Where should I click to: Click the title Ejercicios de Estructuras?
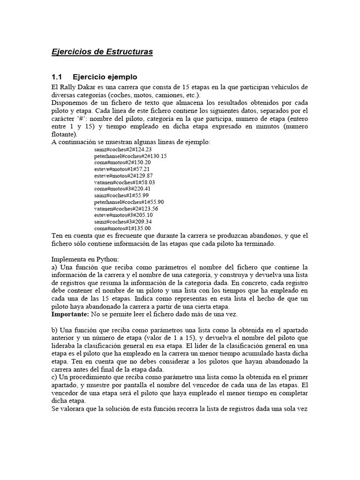tap(102, 52)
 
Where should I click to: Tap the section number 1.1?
tap(57, 77)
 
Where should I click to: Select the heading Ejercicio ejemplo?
tap(105, 77)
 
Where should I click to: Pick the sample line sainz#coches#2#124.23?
tap(116, 150)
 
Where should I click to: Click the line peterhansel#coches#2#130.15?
tap(130, 156)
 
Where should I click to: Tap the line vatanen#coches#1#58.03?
tap(124, 182)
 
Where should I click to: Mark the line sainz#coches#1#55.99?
tap(114, 195)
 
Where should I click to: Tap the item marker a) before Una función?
tap(54, 267)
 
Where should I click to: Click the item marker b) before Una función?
tap(54, 330)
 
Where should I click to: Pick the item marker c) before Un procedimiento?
tap(54, 376)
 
